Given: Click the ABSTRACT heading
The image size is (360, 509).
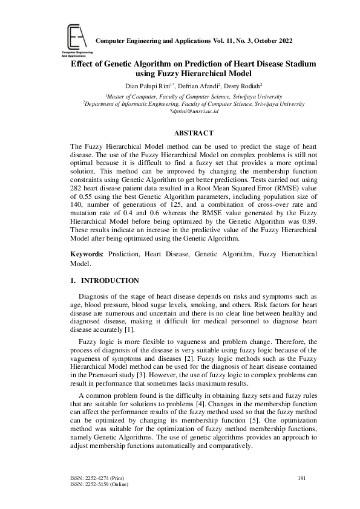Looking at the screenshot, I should point(194,132).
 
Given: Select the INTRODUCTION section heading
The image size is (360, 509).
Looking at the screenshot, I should point(110,280).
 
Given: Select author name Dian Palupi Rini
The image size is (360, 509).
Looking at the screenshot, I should point(143,86).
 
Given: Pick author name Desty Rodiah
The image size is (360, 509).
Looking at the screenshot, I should point(241,86).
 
